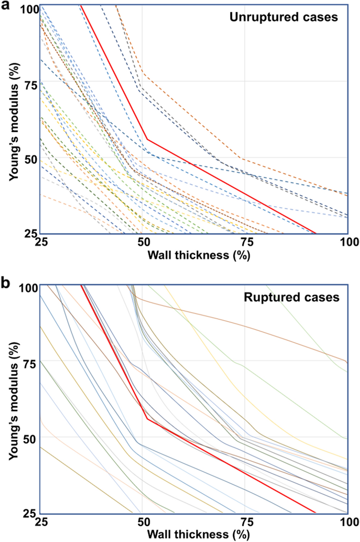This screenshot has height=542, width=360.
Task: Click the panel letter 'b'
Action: click(x=5, y=283)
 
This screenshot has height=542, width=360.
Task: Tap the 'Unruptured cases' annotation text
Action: click(x=284, y=17)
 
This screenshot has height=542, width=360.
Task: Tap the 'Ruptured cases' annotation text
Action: click(x=291, y=297)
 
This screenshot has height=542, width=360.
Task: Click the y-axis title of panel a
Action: click(x=14, y=122)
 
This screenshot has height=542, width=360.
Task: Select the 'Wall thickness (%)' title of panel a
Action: click(x=198, y=255)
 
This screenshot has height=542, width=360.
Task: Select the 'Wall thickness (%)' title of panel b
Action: click(x=198, y=534)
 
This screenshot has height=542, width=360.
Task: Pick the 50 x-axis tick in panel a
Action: click(x=143, y=242)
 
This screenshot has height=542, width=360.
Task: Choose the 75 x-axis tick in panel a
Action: click(x=245, y=242)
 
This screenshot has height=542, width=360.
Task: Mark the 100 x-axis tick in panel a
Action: click(x=349, y=242)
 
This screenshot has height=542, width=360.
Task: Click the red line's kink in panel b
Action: click(x=147, y=419)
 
